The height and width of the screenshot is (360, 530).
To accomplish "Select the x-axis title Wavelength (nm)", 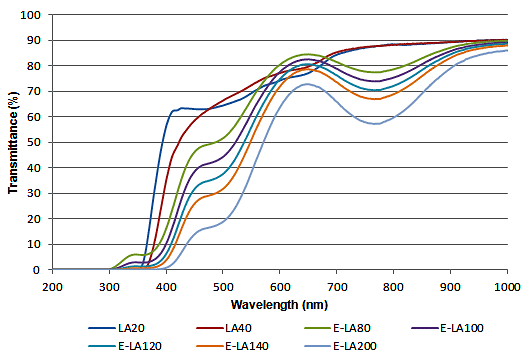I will click(280, 302).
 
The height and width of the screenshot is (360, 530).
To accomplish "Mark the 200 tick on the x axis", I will click(53, 285).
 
